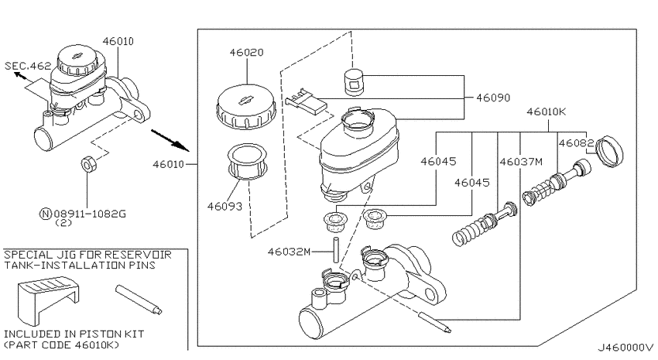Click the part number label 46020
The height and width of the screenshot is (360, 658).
[246, 53]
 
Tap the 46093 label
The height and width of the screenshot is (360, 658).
[224, 207]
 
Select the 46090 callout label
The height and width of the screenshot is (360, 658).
[493, 98]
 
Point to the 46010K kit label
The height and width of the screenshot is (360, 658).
[547, 111]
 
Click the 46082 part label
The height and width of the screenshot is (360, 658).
[576, 143]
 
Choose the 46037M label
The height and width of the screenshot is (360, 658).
[521, 162]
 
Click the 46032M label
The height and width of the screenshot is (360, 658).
[290, 252]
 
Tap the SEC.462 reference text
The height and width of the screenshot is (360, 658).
[28, 66]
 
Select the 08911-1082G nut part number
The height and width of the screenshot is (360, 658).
[89, 214]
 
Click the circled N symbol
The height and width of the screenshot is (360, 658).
[46, 214]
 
